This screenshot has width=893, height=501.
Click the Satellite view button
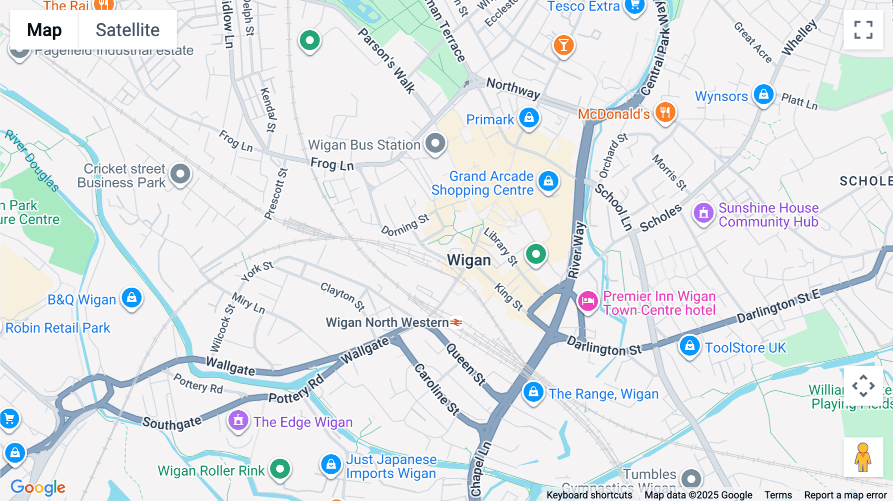(x=128, y=30)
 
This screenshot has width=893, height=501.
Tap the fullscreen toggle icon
(x=863, y=30)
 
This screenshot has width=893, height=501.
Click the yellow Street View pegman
(x=863, y=457)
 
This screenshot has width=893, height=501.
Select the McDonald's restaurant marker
(x=665, y=113)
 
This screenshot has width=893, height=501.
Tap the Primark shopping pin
(x=529, y=118)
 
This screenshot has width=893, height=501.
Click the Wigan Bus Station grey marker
(x=435, y=144)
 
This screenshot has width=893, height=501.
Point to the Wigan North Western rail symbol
(x=456, y=322)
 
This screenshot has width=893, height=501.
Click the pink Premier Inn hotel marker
(x=588, y=301)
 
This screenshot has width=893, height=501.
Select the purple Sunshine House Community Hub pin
(x=703, y=213)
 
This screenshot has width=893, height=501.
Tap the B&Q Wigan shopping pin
(x=131, y=298)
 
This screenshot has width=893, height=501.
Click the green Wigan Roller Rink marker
(x=280, y=469)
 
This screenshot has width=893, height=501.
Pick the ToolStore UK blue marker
(x=690, y=346)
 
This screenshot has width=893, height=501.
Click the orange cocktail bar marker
(x=564, y=46)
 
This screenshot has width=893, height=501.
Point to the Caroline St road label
(x=437, y=389)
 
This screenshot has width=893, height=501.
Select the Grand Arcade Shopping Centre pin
(x=548, y=182)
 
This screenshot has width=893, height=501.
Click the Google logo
(x=38, y=487)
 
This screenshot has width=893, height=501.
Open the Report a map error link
(x=845, y=495)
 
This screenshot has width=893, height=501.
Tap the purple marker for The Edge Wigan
(x=238, y=421)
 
